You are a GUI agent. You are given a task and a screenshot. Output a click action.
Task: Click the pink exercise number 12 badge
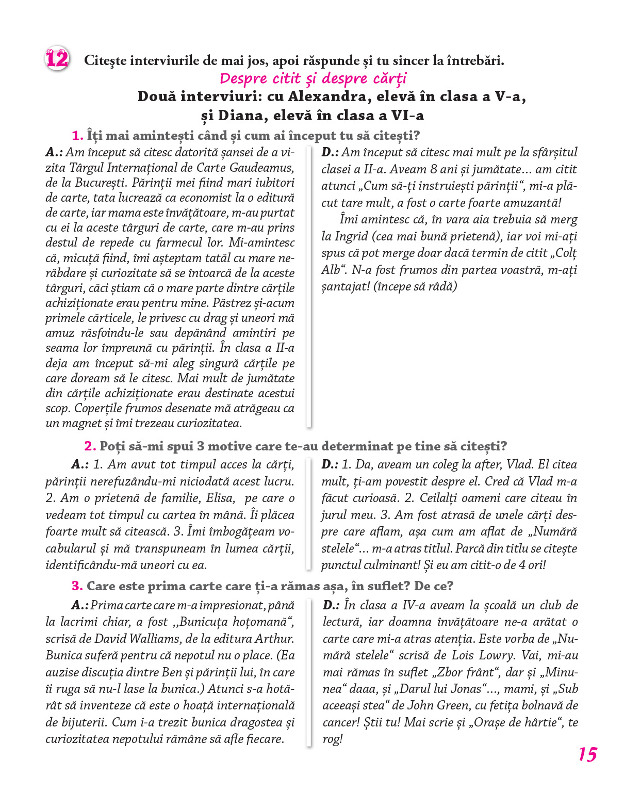coord(57,59)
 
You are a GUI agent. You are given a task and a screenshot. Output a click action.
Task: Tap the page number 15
coord(587,754)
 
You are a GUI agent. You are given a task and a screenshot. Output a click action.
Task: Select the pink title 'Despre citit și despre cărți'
coord(313,78)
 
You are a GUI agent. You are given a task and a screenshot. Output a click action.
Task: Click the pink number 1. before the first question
coord(77,136)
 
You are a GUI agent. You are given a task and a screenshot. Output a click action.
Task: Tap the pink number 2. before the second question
coord(90,446)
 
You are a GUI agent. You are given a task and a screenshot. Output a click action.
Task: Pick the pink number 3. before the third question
coord(77,586)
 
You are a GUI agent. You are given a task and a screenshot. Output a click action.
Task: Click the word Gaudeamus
coord(261,168)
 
